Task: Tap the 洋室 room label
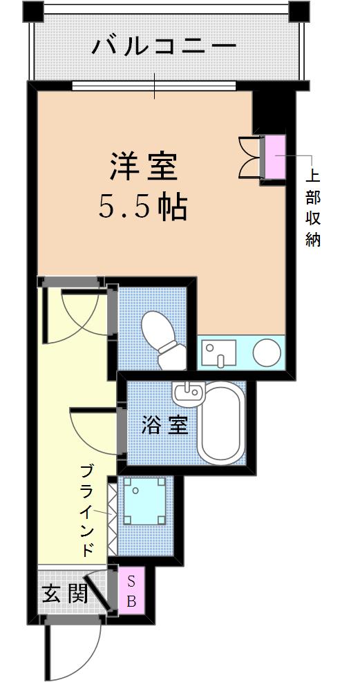[144, 167]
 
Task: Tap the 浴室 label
[164, 426]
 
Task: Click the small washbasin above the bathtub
[188, 392]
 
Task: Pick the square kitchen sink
[220, 352]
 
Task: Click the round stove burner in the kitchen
[267, 352]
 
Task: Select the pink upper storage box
[275, 157]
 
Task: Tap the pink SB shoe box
[132, 590]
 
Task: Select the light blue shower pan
[145, 501]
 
